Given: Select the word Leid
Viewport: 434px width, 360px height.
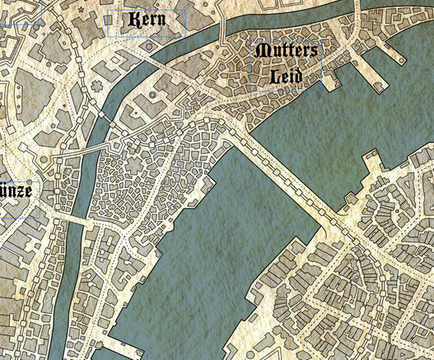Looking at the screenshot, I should [x=286, y=77].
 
